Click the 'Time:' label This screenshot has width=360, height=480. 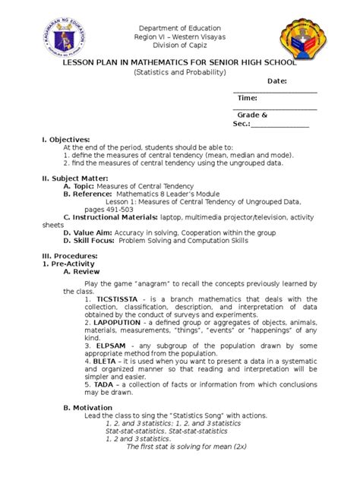(x=247, y=98)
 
